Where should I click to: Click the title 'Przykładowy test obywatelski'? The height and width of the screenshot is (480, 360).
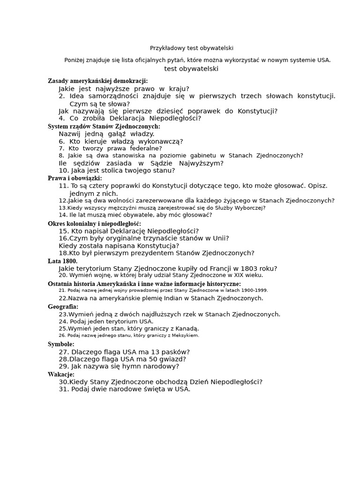tap(191, 48)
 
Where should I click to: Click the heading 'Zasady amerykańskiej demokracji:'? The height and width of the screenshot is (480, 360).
tap(97, 81)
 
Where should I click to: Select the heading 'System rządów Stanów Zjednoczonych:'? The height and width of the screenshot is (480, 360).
tap(104, 127)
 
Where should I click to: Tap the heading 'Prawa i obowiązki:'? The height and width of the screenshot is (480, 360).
tap(75, 178)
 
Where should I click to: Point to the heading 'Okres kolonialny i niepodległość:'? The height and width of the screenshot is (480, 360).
tap(94, 224)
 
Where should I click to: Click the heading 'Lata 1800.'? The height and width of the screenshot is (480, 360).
tap(62, 261)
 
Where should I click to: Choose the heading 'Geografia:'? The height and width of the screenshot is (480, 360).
tap(63, 307)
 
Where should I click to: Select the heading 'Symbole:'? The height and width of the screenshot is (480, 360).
tap(61, 344)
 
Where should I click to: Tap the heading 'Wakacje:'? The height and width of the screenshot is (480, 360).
tap(61, 375)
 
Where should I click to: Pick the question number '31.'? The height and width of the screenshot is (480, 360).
tap(64, 389)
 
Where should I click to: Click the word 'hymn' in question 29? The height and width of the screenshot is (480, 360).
tap(119, 367)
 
